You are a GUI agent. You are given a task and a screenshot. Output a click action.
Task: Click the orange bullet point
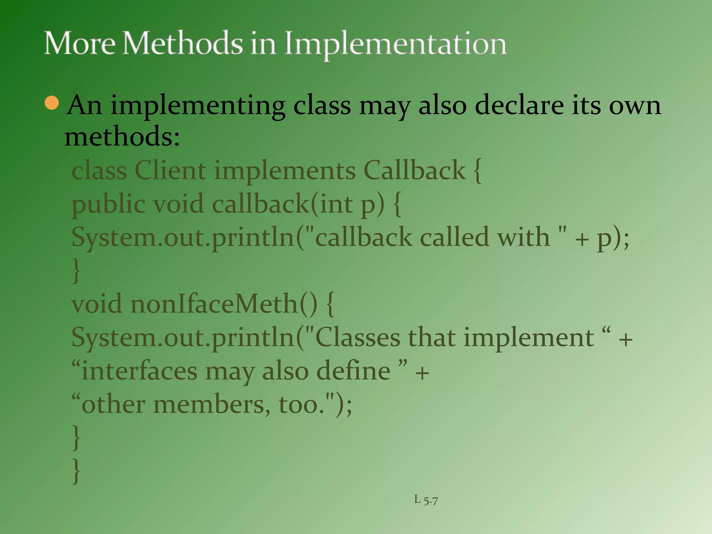pos(52,103)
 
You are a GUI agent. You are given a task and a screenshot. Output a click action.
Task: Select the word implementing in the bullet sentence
pos(198,106)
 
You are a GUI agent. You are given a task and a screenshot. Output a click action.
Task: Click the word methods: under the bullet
pos(122,137)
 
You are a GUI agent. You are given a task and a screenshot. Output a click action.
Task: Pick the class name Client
pos(170,170)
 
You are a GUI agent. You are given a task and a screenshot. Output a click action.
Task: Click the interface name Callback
pos(414,170)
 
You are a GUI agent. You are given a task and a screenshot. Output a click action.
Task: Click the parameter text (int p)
pos(348,204)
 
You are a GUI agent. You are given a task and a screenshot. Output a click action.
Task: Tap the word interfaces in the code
pos(139,371)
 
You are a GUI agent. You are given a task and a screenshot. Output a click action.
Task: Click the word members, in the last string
pos(211,404)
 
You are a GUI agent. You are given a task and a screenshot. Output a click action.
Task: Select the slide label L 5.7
pos(426,500)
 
